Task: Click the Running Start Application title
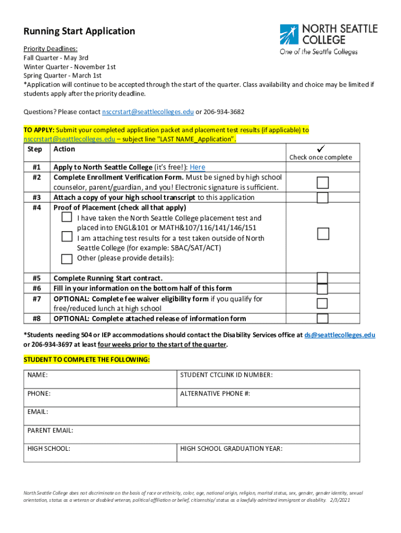[x=79, y=31]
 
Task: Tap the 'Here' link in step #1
[x=197, y=167]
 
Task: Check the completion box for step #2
[x=323, y=182]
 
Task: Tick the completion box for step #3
[x=323, y=198]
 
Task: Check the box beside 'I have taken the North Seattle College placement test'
[x=67, y=218]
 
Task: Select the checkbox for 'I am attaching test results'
[x=67, y=237]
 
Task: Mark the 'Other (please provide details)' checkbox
[x=67, y=259]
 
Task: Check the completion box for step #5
[x=323, y=277]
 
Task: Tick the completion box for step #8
[x=323, y=319]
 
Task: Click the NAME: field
[x=102, y=379]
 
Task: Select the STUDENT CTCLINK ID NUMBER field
[x=268, y=379]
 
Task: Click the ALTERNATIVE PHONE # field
[x=268, y=398]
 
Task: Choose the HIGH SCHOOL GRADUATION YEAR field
[x=268, y=452]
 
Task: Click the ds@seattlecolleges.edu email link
[x=340, y=335]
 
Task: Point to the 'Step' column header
[x=34, y=149]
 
